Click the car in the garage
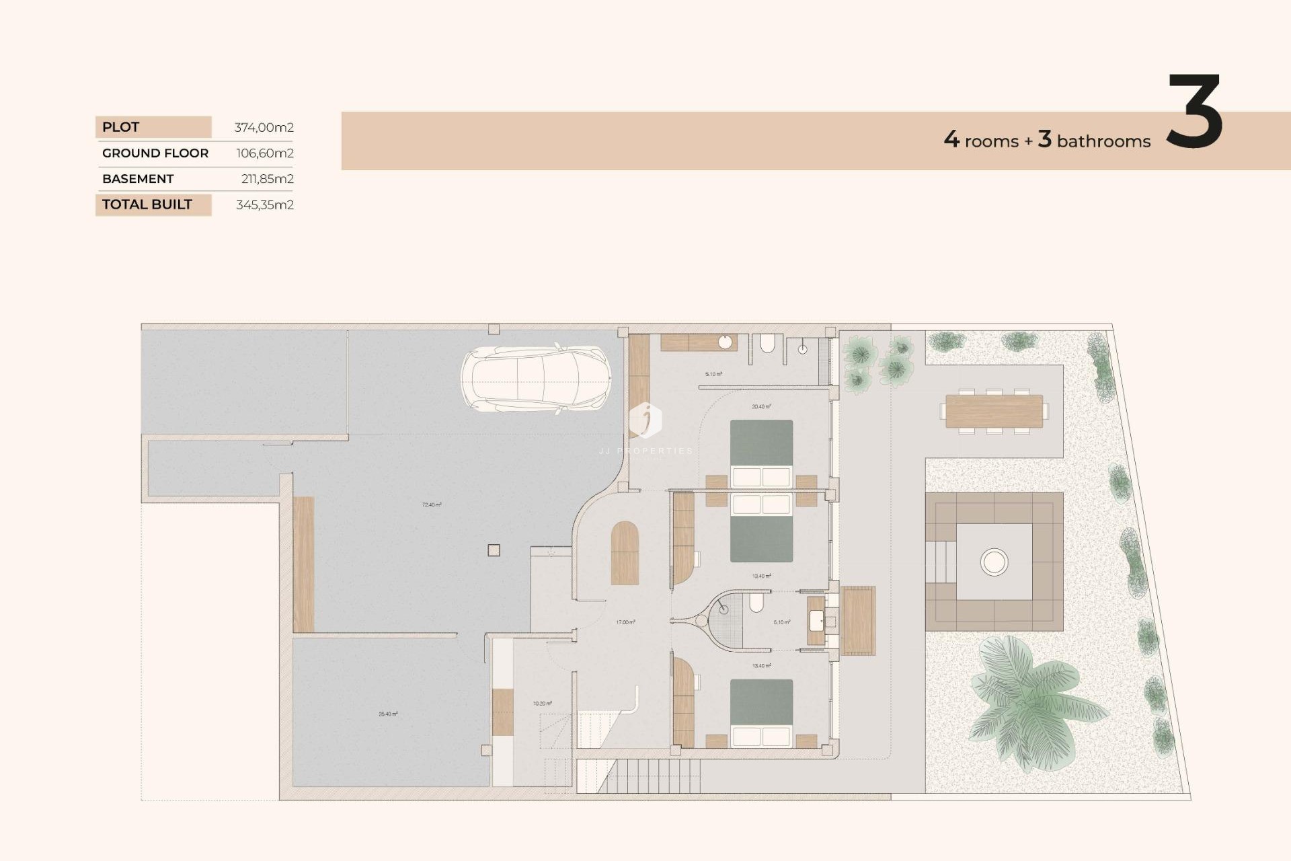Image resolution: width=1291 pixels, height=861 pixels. pos(536,379)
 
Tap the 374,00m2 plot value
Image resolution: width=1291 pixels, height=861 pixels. pos(264,127)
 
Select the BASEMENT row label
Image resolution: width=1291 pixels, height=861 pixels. pos(138,179)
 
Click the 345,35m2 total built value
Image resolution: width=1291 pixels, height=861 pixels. pos(264,204)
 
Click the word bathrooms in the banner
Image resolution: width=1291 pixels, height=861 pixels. pos(1103,141)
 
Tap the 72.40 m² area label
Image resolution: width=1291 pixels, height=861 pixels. pos(432,504)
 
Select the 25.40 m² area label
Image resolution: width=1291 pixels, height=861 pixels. pos(388,714)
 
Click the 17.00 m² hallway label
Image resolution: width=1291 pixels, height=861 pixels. pos(625,622)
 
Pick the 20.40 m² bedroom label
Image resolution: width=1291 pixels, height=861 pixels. pos(761,406)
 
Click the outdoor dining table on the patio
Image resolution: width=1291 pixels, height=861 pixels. pos(994,411)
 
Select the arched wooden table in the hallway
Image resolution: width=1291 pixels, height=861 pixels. pos(625,553)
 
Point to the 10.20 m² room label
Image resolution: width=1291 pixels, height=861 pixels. pos(542,704)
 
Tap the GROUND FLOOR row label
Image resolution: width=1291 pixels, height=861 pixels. pos(155,153)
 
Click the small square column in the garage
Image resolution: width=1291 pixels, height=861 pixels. pos(494,550)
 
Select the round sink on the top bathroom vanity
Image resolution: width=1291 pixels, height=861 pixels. pos(725,342)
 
